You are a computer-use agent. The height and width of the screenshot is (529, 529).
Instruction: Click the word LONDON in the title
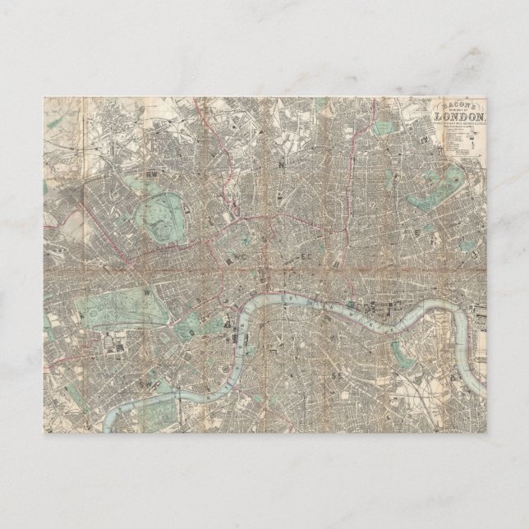click(x=466, y=113)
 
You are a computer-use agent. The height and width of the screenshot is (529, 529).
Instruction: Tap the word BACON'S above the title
click(x=465, y=102)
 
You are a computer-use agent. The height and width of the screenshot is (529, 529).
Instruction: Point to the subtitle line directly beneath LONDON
click(x=466, y=122)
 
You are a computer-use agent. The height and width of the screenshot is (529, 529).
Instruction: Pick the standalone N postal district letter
click(x=282, y=164)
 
